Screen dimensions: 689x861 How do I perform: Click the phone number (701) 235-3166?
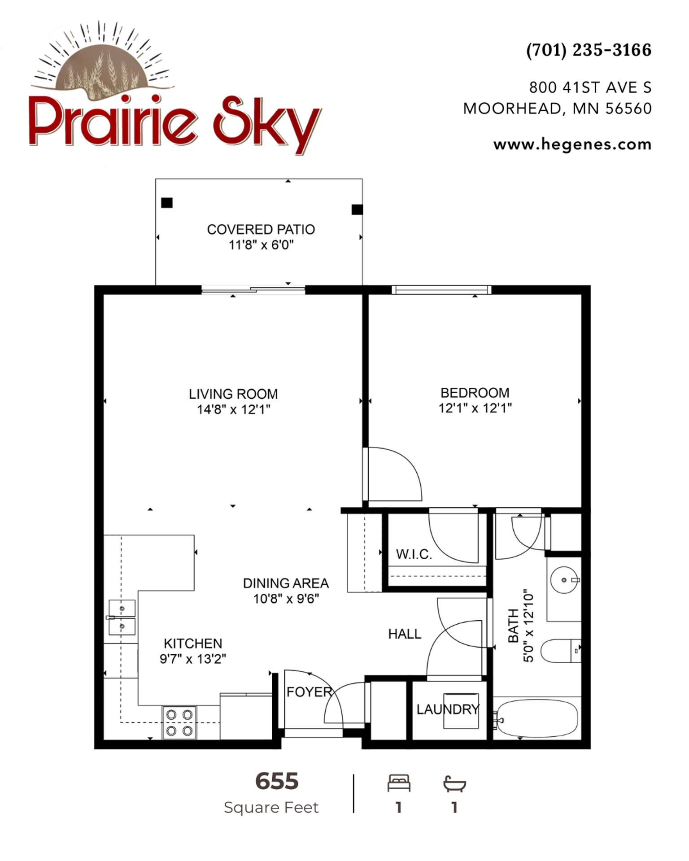[x=589, y=50]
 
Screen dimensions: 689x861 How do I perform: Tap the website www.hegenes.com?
[x=572, y=144]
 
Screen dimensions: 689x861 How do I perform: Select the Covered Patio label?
[x=261, y=230]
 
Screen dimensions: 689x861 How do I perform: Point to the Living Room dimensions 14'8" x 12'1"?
[x=234, y=409]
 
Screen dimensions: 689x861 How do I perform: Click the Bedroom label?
[x=475, y=393]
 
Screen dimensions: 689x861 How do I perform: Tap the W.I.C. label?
[x=414, y=554]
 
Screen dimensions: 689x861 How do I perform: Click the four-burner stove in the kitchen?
[x=179, y=722]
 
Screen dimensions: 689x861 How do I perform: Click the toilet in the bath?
[x=561, y=651]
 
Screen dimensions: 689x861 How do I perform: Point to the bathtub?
[x=537, y=718]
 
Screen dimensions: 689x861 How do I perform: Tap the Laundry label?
[x=448, y=709]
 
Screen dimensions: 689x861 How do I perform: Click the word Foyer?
[x=310, y=692]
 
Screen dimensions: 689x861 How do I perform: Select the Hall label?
[x=405, y=634]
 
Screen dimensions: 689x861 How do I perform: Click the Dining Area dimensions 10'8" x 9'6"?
[x=286, y=599]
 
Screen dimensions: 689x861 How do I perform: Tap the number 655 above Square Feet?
[x=277, y=781]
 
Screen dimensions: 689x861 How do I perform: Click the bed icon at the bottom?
[x=399, y=783]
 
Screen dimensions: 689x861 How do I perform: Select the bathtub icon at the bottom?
[x=454, y=783]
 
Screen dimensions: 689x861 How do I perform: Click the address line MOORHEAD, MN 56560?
[x=557, y=109]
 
